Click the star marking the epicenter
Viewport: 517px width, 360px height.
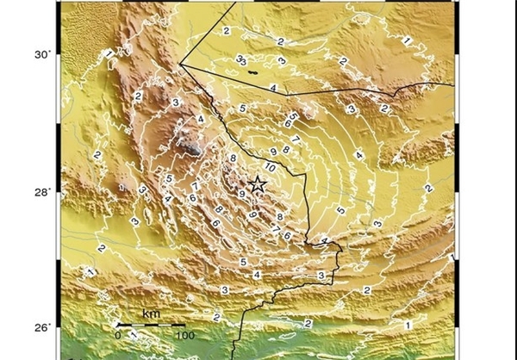click(x=257, y=183)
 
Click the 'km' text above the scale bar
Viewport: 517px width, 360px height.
click(x=150, y=313)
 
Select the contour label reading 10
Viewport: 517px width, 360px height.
click(x=270, y=165)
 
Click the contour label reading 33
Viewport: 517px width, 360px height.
click(x=242, y=60)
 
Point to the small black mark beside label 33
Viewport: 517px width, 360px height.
click(x=252, y=72)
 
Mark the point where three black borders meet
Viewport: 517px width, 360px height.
click(x=180, y=63)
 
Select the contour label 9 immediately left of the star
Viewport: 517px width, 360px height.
click(x=242, y=195)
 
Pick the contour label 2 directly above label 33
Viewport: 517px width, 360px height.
click(x=226, y=31)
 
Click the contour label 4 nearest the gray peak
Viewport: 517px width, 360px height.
click(x=200, y=119)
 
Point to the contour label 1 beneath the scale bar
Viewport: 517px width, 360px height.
click(x=134, y=343)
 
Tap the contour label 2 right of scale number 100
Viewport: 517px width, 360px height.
click(x=215, y=317)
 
